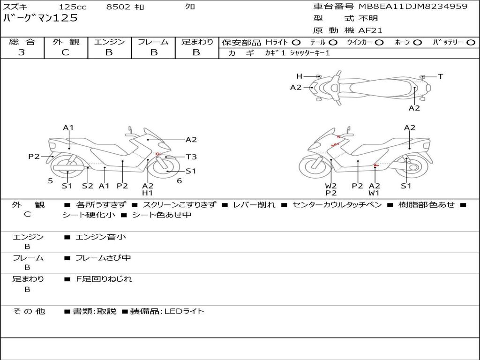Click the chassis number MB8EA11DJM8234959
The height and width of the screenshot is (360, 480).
point(413,6)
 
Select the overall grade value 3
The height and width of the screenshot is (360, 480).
point(22,52)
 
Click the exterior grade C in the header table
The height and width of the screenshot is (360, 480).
point(66,52)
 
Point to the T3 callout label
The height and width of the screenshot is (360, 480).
point(191,157)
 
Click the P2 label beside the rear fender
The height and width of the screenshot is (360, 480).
point(34,157)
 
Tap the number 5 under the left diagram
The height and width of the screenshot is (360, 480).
point(51,181)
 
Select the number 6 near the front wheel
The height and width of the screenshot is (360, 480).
point(180,181)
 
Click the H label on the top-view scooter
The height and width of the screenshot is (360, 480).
point(299,76)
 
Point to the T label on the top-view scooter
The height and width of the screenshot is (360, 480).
point(441,76)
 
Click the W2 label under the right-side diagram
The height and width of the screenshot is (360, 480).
point(331,186)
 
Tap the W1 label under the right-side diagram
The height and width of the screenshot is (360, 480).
point(374,193)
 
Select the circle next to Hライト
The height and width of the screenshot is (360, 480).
point(296,43)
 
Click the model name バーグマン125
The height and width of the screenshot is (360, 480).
point(40,18)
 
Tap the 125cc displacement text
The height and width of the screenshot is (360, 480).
point(73,7)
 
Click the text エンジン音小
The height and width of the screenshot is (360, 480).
point(101,237)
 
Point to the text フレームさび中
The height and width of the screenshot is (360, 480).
point(103,258)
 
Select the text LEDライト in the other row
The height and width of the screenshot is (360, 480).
point(184,311)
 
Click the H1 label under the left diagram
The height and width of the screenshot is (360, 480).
point(147,193)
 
